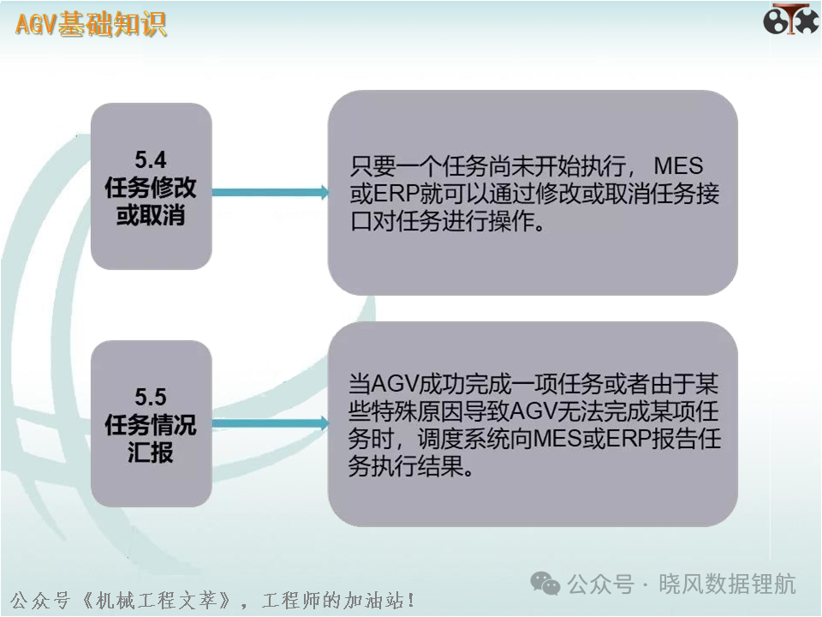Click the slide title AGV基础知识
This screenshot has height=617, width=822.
tap(91, 25)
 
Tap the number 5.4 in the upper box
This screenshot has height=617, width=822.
tap(151, 160)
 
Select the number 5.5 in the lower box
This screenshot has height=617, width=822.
tap(151, 397)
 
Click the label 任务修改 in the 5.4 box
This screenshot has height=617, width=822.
tap(151, 188)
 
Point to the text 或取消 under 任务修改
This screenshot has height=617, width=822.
tap(151, 215)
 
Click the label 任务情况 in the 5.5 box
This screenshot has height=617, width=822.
tap(151, 425)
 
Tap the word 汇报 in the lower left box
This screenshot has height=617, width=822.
tap(151, 452)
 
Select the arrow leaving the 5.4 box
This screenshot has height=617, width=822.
tap(271, 193)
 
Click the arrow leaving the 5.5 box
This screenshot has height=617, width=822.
tap(271, 422)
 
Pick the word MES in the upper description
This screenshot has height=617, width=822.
tap(678, 166)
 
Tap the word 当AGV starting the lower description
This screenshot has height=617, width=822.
tap(383, 384)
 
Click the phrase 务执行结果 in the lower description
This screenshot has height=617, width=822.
tap(412, 466)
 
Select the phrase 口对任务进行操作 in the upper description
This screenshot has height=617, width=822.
tap(448, 221)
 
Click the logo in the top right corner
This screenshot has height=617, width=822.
tap(790, 20)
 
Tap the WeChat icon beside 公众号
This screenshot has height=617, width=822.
tap(545, 584)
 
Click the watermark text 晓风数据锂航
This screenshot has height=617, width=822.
tap(727, 584)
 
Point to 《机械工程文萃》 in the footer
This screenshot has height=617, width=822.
tap(156, 600)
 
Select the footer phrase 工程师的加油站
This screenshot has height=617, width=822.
tap(331, 600)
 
